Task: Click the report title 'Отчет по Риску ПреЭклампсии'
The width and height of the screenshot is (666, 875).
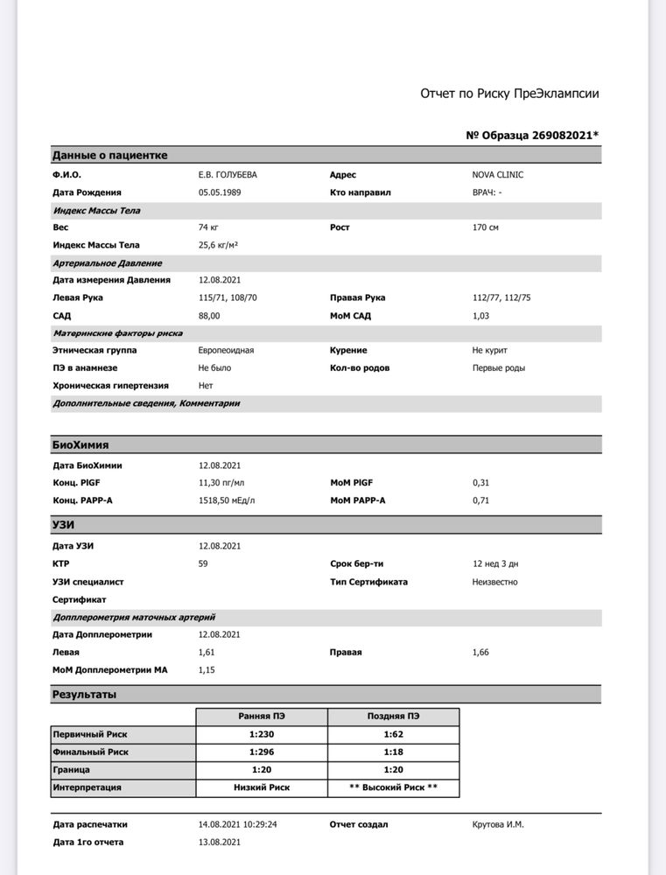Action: (509, 94)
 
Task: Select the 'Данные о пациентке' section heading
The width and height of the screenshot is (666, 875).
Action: (109, 155)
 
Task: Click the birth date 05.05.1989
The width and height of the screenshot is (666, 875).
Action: (221, 192)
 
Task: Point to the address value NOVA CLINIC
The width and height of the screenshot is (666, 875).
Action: (498, 175)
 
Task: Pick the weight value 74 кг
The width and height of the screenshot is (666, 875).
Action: (208, 227)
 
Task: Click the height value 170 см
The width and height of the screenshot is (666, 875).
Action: (486, 227)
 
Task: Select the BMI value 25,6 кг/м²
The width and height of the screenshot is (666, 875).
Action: (219, 245)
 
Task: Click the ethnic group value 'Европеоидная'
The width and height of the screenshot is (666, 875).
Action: (226, 350)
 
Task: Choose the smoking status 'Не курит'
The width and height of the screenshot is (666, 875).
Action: (490, 350)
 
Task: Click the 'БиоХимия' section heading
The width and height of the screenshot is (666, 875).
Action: (81, 444)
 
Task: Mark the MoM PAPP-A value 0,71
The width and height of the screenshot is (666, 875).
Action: (480, 500)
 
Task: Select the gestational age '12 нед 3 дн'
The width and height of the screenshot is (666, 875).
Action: (495, 563)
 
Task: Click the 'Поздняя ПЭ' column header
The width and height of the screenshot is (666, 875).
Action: (393, 716)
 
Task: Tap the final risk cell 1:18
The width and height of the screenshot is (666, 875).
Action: (393, 752)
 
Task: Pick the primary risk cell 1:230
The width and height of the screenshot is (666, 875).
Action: (261, 734)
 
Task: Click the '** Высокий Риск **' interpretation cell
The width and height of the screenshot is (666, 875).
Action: (393, 787)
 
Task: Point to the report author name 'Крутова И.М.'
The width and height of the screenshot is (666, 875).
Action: (498, 824)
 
